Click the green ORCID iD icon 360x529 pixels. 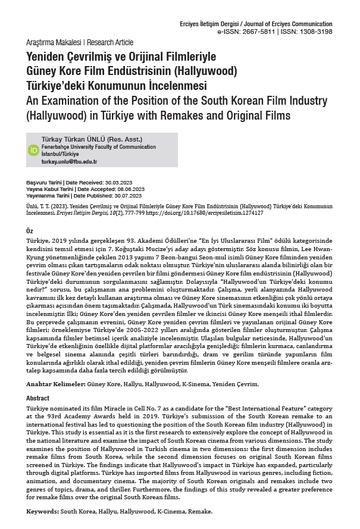(x=33, y=150)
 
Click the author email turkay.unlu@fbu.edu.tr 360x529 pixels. (x=69, y=162)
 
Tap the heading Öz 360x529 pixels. (x=30, y=230)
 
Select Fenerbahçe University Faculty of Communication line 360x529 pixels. (x=94, y=146)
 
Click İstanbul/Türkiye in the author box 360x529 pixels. (x=60, y=154)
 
